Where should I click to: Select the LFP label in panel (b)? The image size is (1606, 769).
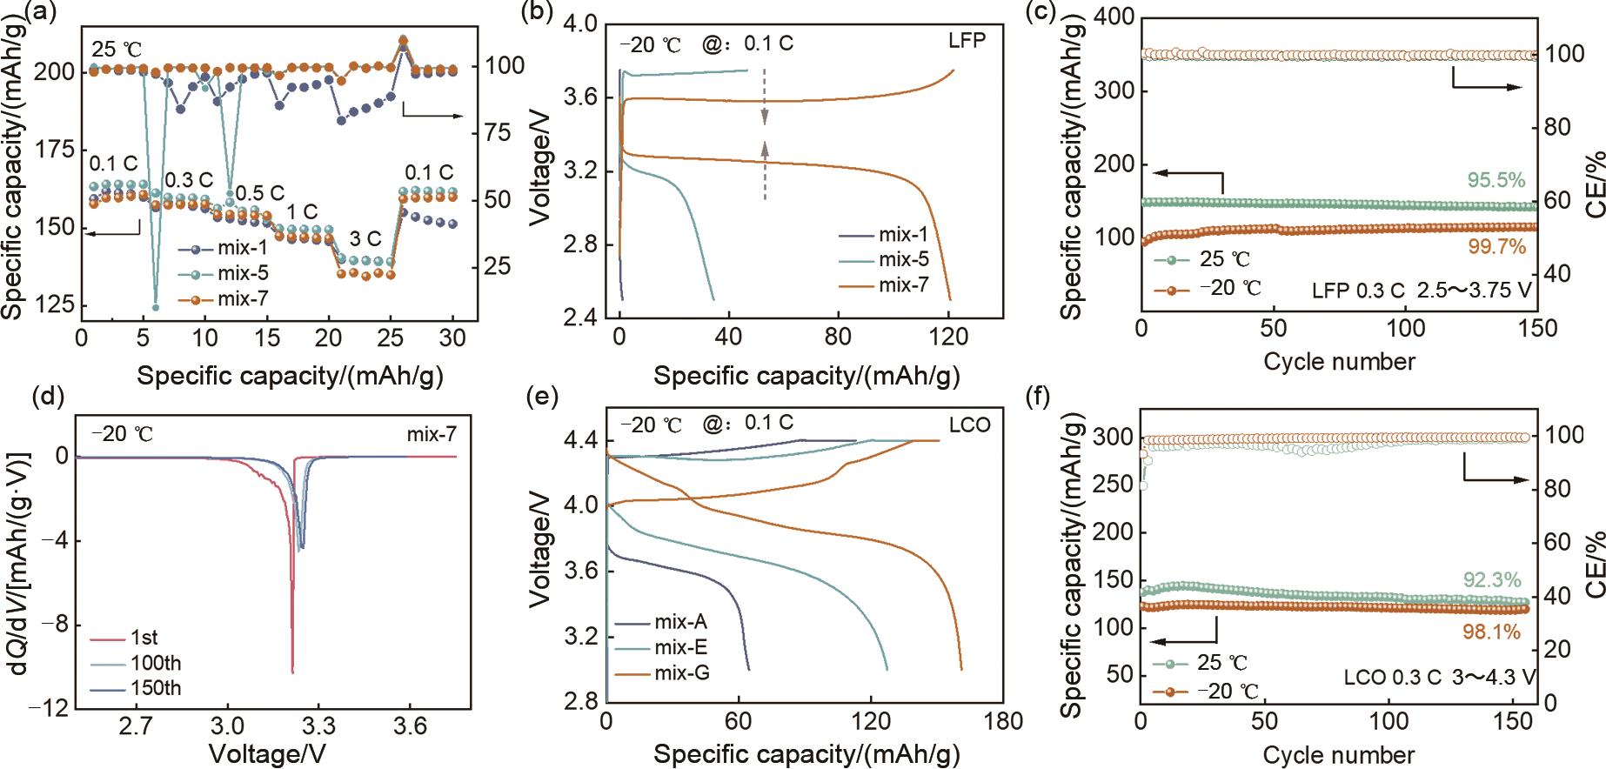(967, 40)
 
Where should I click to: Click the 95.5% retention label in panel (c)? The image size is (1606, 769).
(1496, 181)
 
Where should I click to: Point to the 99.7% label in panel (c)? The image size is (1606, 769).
(1496, 247)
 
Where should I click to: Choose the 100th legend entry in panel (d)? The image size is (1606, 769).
(157, 663)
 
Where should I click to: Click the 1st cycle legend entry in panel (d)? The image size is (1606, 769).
(144, 638)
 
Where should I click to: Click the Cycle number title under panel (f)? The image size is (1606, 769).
(1339, 753)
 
